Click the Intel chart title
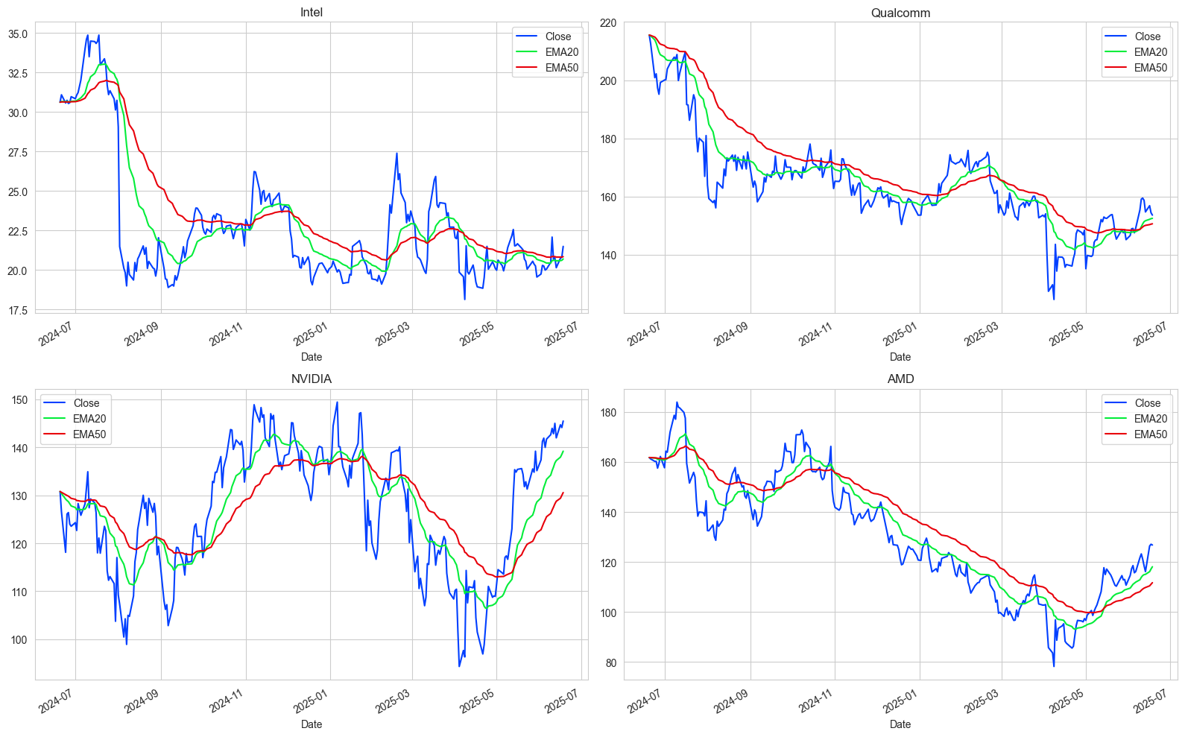311,13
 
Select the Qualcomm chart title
900,13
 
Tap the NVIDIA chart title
311,379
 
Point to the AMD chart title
900,379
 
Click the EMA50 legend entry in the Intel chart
561,68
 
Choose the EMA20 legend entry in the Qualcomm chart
1151,52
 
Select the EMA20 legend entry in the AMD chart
1151,419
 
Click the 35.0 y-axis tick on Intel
18,34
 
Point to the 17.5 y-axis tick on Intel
18,310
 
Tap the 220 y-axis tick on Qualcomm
608,23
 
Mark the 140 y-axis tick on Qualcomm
608,256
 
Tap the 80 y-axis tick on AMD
610,663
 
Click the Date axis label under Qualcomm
900,357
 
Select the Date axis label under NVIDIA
311,724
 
